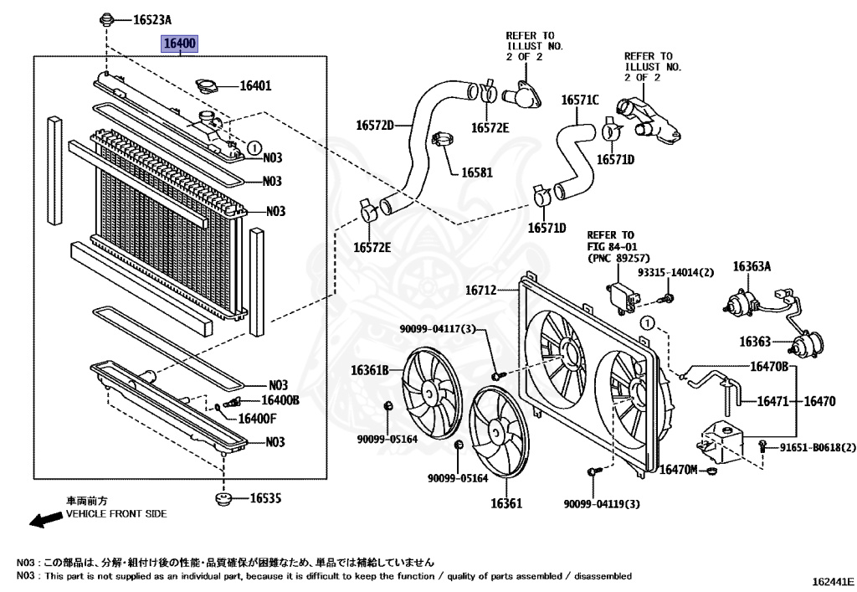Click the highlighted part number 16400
click(x=180, y=44)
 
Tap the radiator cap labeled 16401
click(x=205, y=85)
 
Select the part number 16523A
click(x=153, y=18)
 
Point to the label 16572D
click(x=374, y=126)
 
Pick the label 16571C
click(x=580, y=100)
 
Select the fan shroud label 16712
click(x=482, y=291)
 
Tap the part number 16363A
click(x=752, y=267)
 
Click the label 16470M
click(x=678, y=471)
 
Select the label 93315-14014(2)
click(x=676, y=273)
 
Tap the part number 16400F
click(x=257, y=418)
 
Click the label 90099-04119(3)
click(x=602, y=503)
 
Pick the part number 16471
click(x=774, y=402)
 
